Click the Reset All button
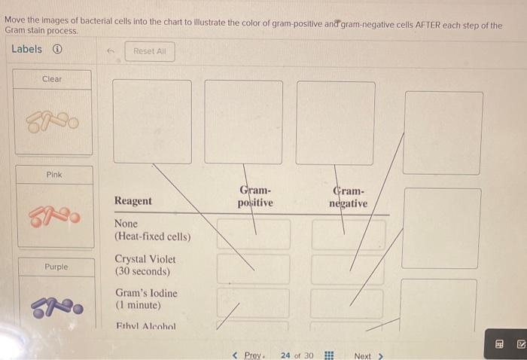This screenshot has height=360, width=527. [150, 51]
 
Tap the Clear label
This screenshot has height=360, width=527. [52, 79]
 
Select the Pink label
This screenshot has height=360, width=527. [54, 175]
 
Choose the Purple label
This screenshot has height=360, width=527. [56, 267]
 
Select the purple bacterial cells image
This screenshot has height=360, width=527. [55, 308]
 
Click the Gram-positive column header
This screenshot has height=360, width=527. [255, 197]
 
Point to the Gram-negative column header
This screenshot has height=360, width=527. [348, 197]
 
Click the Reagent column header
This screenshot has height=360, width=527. [133, 201]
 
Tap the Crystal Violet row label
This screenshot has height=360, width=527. [145, 265]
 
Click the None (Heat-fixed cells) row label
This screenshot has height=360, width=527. [152, 230]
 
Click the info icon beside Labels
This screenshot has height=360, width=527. [57, 50]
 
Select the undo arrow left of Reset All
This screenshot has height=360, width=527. [110, 51]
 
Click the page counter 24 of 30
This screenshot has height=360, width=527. [297, 355]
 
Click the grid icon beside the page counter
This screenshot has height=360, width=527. [328, 355]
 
